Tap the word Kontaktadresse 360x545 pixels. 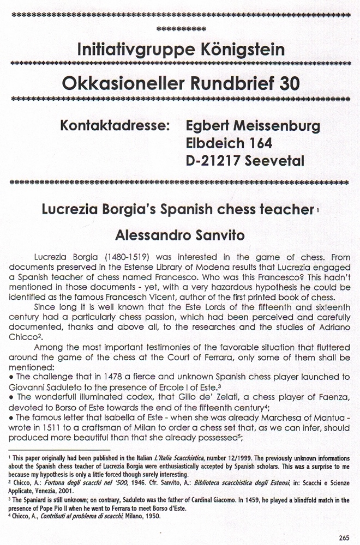[113, 126]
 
